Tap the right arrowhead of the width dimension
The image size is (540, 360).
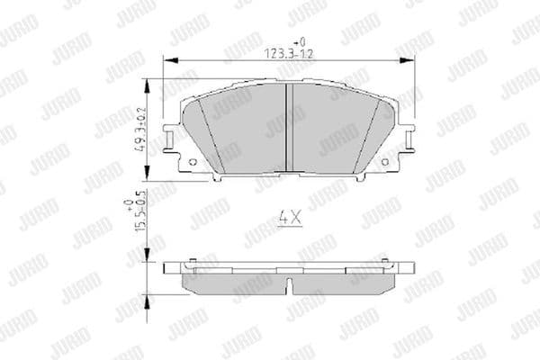pyautogui.click(x=398, y=60)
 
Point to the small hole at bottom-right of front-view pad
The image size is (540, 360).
pyautogui.click(x=385, y=162)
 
